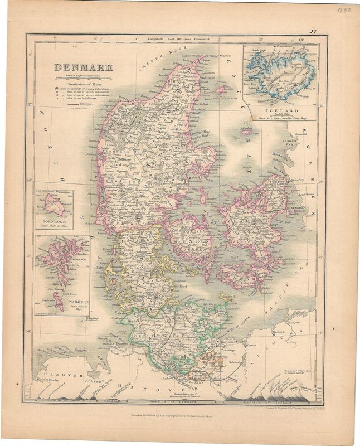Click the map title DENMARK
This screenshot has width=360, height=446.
coord(84,67)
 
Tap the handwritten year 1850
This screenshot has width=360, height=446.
coord(344,10)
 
